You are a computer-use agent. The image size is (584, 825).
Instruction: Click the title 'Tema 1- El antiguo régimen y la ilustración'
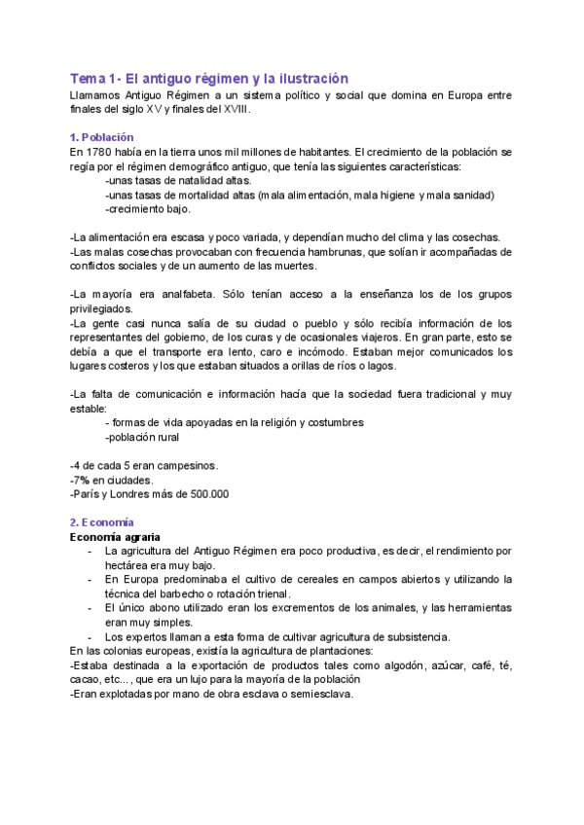coord(208,78)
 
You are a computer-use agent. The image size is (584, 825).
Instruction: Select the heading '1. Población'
coord(101,137)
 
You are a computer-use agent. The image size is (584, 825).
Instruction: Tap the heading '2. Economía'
coord(101,521)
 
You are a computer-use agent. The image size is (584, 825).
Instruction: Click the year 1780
coord(97,153)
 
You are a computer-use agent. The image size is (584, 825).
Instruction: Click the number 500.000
coord(206,494)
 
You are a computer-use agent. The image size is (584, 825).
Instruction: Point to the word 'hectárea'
coord(128,565)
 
